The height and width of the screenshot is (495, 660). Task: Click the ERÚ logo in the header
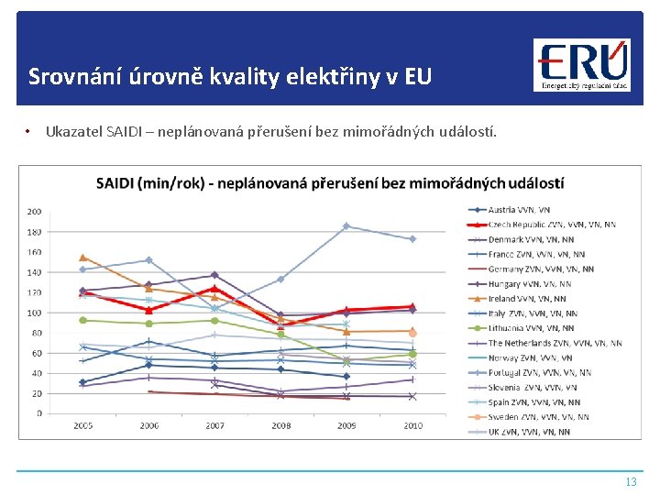tap(582, 65)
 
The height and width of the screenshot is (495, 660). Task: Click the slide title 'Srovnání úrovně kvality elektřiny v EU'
tap(229, 76)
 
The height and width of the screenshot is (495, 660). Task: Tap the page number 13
tap(631, 481)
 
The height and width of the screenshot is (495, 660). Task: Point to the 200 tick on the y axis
tap(34, 212)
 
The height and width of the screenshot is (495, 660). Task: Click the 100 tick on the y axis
tap(34, 313)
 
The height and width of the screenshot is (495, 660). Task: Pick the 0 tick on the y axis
tap(38, 413)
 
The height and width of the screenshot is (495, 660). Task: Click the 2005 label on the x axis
tap(82, 426)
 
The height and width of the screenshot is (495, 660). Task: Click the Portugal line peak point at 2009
tap(346, 225)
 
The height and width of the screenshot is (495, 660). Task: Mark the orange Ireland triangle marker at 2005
tap(82, 258)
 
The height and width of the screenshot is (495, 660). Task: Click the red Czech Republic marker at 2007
tap(214, 289)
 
